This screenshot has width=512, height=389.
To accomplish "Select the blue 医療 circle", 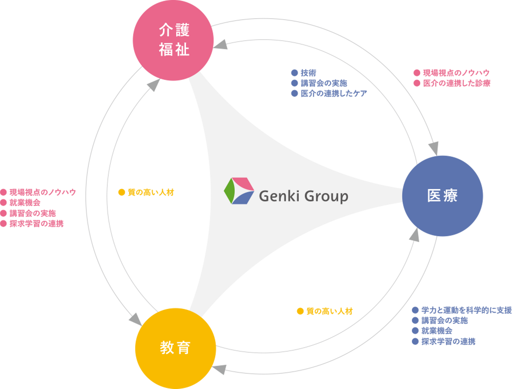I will (443, 196).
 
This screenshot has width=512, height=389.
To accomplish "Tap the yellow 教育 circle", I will (175, 347).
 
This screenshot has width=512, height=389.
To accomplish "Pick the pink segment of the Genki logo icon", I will (243, 183).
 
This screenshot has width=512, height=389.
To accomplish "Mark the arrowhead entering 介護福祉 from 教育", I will (154, 85).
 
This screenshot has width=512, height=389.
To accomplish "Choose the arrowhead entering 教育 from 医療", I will (220, 369).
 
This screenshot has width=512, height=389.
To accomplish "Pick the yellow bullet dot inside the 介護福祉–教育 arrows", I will (122, 192).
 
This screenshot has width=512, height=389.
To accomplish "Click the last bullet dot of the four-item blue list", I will (415, 341).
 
